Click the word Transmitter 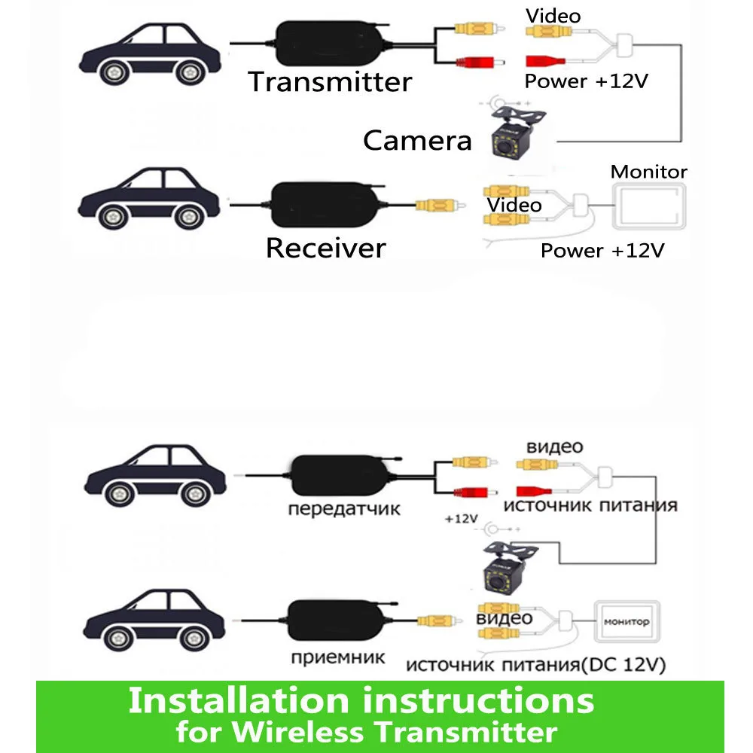click(330, 81)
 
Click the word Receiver click(325, 248)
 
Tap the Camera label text click(416, 140)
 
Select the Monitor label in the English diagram click(648, 172)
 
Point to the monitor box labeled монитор click(626, 623)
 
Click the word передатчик click(344, 509)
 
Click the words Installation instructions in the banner click(361, 700)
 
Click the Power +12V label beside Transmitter click(586, 81)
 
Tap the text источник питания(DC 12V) click(535, 665)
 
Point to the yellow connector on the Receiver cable click(436, 205)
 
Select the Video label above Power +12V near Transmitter click(554, 15)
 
